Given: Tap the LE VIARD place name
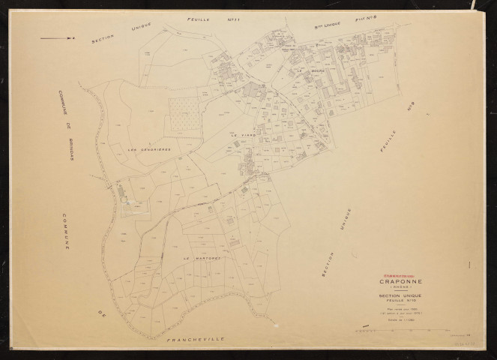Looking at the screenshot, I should click(243, 135).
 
